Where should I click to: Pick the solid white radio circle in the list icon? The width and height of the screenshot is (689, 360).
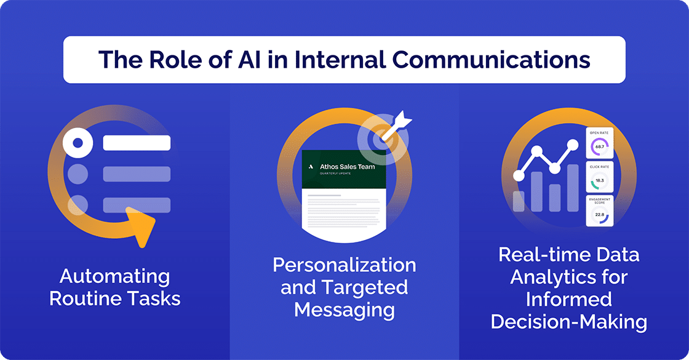(x=78, y=143)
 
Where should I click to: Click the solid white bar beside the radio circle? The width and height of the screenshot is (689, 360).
(x=137, y=143)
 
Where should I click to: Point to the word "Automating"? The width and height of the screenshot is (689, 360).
(x=114, y=276)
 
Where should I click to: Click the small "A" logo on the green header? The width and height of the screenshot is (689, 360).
(x=311, y=167)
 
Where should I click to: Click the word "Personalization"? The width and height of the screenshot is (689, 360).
(x=344, y=265)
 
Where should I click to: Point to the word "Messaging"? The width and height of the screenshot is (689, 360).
(x=344, y=309)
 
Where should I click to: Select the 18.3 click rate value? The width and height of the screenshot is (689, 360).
(x=599, y=180)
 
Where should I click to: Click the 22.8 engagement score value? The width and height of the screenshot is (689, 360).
(x=599, y=214)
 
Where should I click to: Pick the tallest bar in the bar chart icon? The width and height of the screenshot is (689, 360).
(x=573, y=187)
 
